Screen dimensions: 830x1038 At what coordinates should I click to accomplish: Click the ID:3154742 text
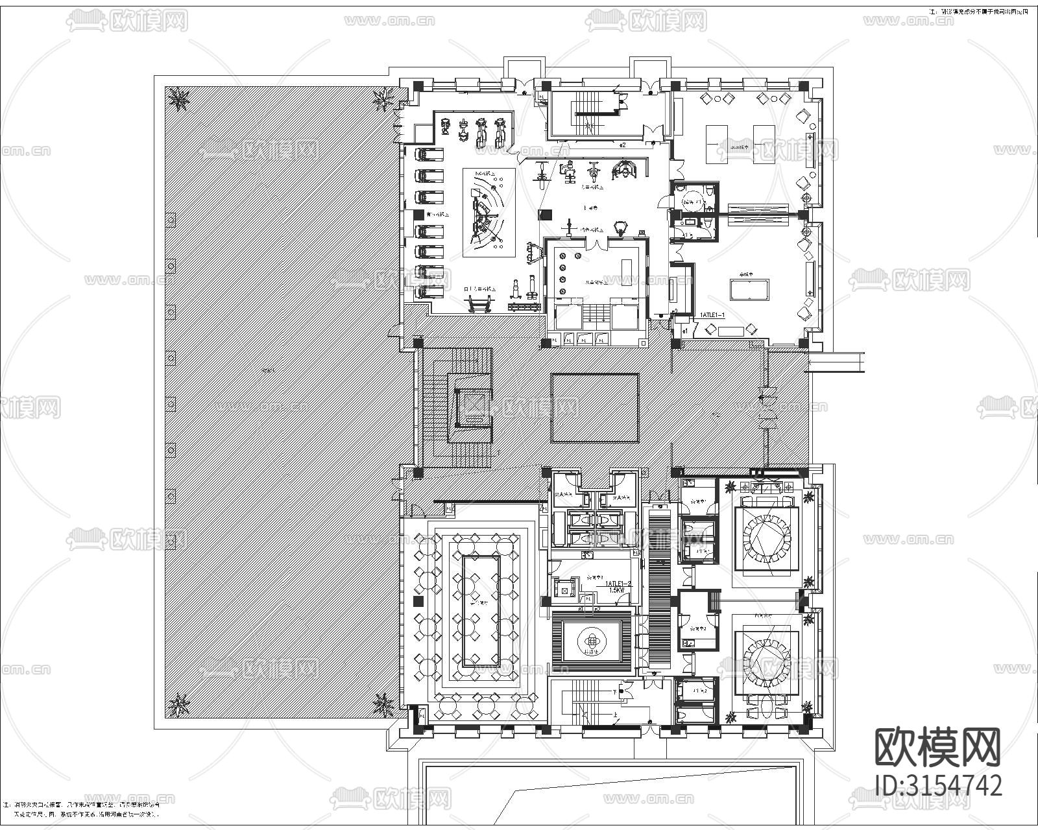(x=938, y=785)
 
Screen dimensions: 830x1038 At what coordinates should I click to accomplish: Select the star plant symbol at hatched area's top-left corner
(x=178, y=99)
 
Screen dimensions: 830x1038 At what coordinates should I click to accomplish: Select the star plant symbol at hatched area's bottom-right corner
(x=383, y=704)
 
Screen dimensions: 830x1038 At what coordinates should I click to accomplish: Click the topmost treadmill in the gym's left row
(x=429, y=155)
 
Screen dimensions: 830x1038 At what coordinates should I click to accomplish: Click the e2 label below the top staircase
(x=622, y=145)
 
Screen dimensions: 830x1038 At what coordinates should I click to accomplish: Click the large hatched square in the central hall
(x=595, y=408)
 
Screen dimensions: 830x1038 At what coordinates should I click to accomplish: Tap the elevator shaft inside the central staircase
(x=473, y=408)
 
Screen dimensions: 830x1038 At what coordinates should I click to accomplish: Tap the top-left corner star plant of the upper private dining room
(x=731, y=486)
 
